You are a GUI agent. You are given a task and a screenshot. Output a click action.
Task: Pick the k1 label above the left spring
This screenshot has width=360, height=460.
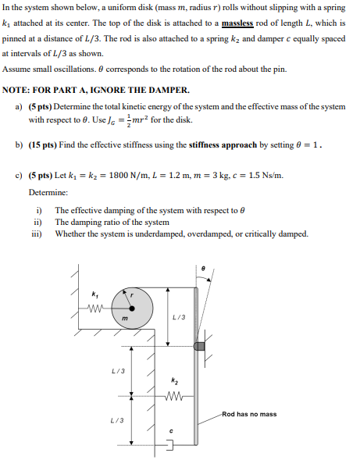pos(95,294)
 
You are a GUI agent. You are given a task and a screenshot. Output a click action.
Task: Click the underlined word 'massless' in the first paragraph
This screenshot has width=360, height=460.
pos(237,23)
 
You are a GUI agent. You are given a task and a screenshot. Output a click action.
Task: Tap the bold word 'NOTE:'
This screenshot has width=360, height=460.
pos(18,90)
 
